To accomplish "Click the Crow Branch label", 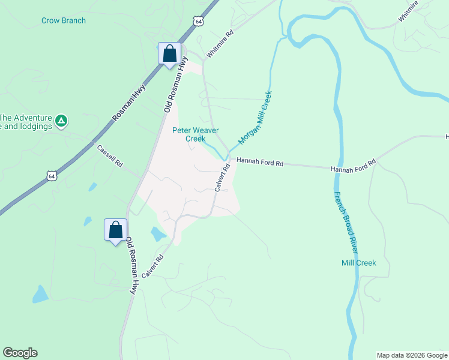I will pos(64,20).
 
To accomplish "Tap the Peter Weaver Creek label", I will pos(195,134).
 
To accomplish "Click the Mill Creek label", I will pos(358,263).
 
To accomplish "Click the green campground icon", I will pos(61,122).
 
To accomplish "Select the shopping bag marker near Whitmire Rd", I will pos(170,53).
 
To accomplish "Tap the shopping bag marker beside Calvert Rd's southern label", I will pos(115,230).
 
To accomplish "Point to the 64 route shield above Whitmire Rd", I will pos(199,21).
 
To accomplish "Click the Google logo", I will pos(20,353).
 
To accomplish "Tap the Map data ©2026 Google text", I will pos(412,355).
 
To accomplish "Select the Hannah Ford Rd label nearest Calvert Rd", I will pos(259,161).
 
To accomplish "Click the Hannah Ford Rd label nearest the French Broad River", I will pos(353,166).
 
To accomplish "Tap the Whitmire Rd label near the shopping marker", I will pos(218,45).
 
